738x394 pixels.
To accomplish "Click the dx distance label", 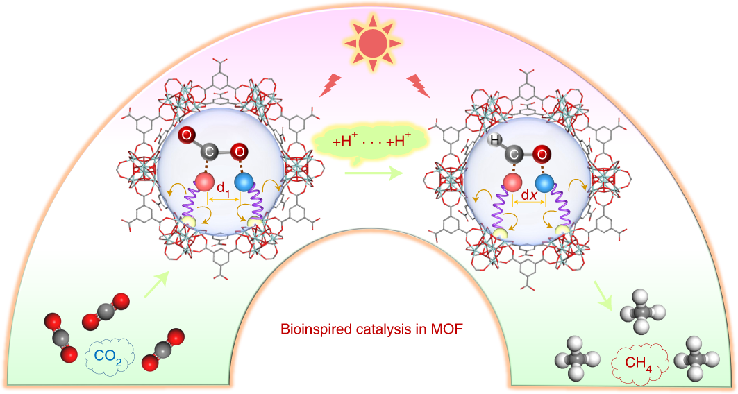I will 530,196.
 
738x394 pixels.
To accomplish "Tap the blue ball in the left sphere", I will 244,183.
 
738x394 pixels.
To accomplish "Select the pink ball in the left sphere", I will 205,183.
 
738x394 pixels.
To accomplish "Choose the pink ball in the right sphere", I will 513,183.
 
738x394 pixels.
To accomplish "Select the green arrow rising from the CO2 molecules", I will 156,284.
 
